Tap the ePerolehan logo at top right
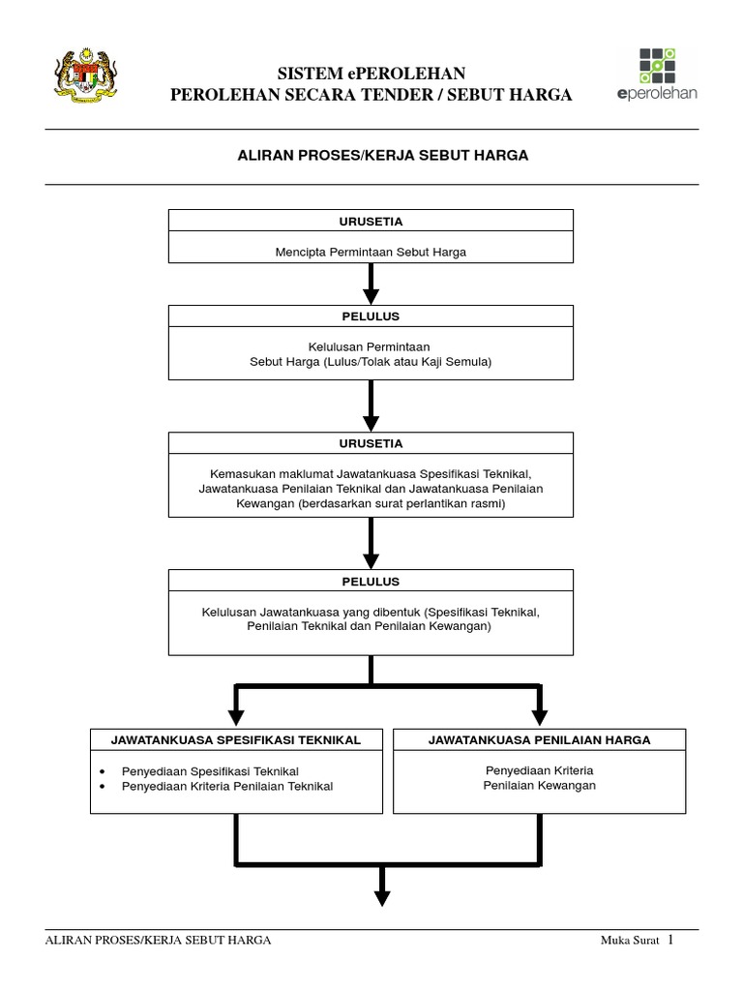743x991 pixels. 656,74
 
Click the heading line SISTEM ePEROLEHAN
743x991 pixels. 371,74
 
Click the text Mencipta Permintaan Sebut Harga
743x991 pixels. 371,253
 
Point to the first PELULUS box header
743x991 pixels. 371,316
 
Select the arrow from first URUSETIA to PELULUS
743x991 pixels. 371,284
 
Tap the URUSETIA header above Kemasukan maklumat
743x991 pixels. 371,443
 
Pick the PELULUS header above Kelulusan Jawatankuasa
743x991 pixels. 371,582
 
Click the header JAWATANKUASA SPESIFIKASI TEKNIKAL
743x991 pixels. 236,739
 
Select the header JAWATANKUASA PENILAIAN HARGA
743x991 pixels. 539,739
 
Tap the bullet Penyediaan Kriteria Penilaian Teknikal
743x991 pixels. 226,787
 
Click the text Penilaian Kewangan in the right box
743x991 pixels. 539,785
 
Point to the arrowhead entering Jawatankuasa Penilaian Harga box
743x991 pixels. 539,717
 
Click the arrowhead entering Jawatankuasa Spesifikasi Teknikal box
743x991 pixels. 236,717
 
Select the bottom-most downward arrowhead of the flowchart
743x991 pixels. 382,897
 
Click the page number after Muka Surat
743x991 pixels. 669,939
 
